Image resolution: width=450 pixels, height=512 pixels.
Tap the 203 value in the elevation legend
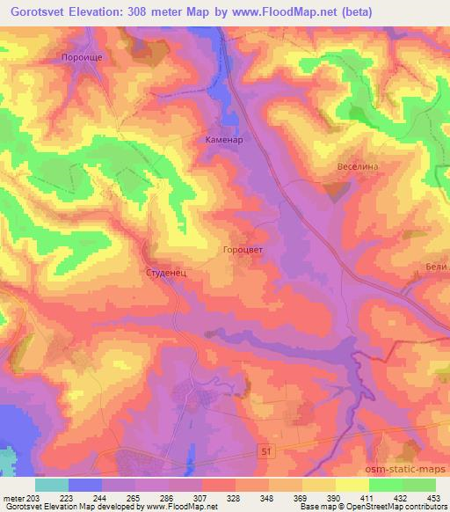pos(34,499)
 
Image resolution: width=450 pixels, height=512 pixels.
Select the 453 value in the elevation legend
pos(435,499)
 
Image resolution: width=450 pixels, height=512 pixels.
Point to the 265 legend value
pos(134,499)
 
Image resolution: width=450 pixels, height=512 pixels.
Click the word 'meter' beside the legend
pos(14,499)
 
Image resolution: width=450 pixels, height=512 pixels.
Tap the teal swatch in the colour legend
pos(51,485)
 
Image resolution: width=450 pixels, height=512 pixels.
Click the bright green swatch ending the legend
pos(418,485)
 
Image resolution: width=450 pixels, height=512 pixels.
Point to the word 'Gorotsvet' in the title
pos(44,12)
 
